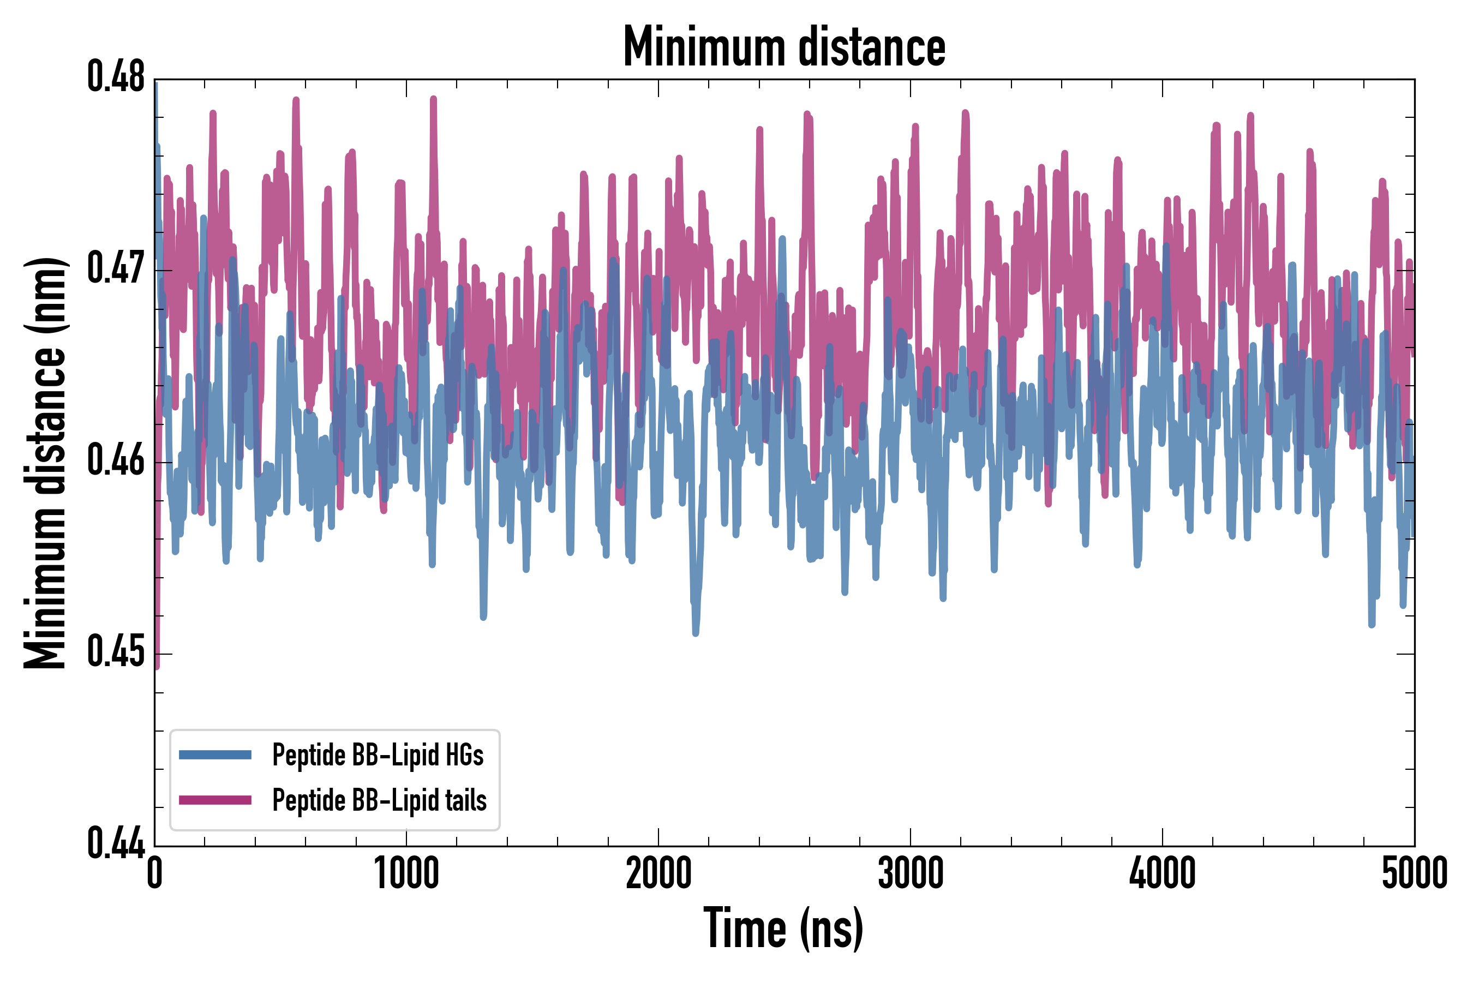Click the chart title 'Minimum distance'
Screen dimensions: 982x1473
[784, 47]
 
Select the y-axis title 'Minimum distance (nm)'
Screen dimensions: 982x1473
[45, 463]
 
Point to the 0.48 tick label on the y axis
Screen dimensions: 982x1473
[116, 77]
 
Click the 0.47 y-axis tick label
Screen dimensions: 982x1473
[116, 270]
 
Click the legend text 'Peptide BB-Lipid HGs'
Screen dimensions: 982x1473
[378, 755]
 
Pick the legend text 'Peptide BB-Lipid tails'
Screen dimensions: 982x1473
[380, 800]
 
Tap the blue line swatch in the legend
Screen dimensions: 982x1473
[215, 755]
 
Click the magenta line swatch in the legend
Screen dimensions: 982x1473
[215, 800]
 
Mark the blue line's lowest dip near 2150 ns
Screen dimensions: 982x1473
[695, 632]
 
